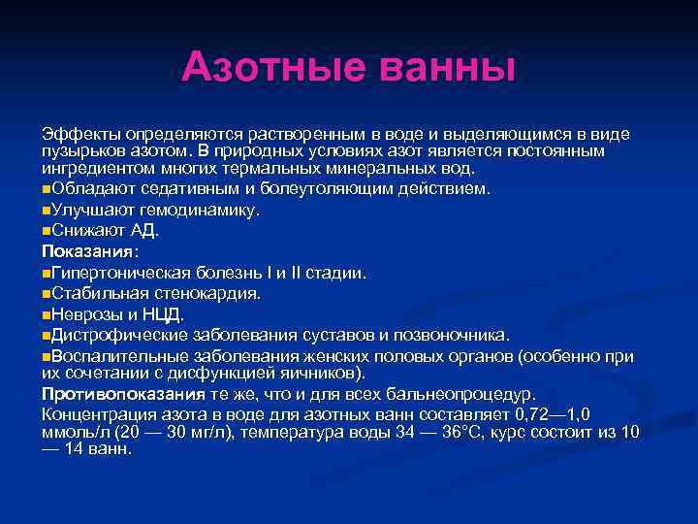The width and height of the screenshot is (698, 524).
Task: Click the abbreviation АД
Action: pos(144,231)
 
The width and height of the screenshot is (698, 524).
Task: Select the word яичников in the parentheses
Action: pos(323,373)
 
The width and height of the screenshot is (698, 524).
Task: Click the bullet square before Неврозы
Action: pos(46,314)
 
